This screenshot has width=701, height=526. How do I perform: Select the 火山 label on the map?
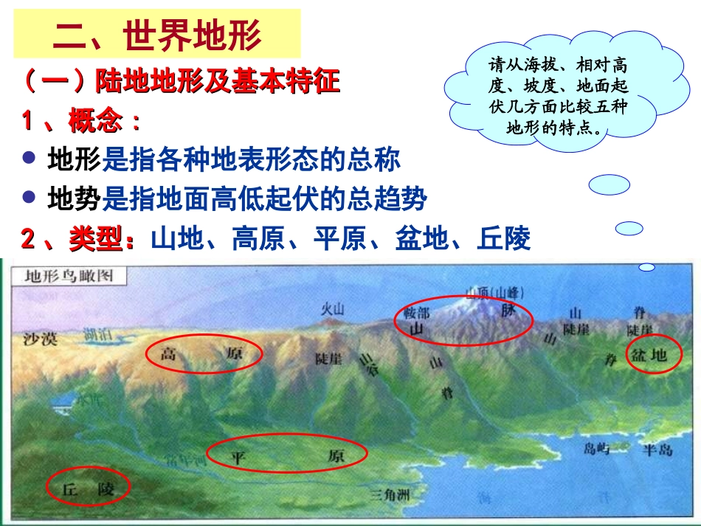coord(332,309)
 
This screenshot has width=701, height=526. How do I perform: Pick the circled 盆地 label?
coord(649,356)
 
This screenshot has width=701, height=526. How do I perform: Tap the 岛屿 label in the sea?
coord(597,448)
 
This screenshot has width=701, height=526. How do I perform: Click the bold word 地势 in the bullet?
coord(74,198)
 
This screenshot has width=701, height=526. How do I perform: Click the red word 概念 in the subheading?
coord(95,121)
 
